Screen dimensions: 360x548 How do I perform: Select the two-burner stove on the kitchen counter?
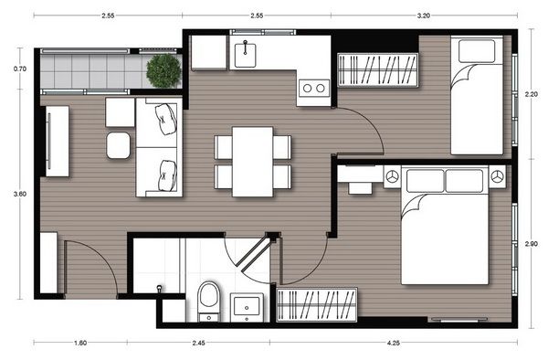(312, 89)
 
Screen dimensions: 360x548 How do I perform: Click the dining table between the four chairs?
(252, 161)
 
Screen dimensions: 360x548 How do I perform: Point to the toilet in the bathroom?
(209, 299)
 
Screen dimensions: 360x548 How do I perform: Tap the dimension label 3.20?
(424, 16)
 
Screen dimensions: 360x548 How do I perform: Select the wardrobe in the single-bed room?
(379, 69)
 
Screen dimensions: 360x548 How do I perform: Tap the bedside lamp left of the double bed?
(393, 175)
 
